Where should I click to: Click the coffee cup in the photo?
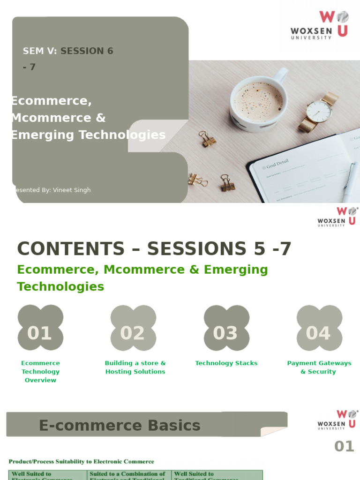coord(258,100)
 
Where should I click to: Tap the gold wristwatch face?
coord(319,111)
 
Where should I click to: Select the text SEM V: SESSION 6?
coord(68,51)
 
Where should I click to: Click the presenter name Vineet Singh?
coord(72,190)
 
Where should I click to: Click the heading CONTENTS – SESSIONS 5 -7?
coord(154,249)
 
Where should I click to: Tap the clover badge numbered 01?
coord(40,333)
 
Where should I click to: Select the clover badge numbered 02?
coord(133,333)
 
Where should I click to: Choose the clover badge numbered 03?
coord(226,333)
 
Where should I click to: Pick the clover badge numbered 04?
coord(319,333)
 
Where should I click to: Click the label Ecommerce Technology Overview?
coord(40,371)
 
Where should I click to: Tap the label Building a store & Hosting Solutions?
coord(135,367)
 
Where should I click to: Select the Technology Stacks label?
coord(226,363)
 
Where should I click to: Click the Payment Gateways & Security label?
coord(319,367)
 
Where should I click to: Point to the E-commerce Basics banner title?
coord(120,425)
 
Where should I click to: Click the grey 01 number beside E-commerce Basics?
coord(344,446)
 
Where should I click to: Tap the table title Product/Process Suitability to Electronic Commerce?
coord(81,462)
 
